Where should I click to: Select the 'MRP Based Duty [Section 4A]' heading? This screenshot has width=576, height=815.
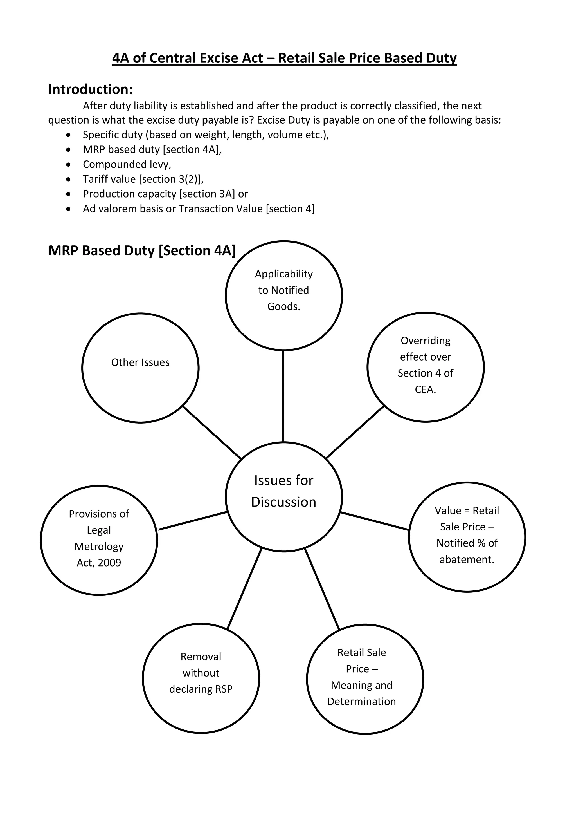coord(142,250)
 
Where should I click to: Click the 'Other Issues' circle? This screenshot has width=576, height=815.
coord(140,368)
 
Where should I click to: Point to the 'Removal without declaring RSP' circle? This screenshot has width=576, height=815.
coord(201,678)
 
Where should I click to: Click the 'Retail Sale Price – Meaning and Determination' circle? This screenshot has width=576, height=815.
coord(365,679)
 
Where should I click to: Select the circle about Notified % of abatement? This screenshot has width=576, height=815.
coord(467,537)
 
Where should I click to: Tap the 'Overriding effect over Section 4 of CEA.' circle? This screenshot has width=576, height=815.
coord(426,367)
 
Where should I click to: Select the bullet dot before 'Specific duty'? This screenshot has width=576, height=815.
coord(68,135)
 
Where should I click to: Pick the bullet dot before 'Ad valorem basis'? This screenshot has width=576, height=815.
coord(68,209)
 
